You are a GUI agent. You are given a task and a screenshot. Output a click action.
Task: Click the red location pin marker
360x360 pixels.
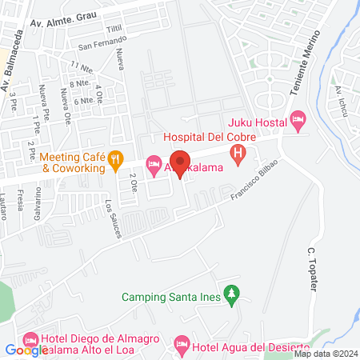pos(181,164)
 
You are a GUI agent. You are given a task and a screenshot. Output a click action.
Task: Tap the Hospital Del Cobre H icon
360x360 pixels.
pos(238,154)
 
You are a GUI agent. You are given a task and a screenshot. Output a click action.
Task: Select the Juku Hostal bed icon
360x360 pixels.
pos(298,122)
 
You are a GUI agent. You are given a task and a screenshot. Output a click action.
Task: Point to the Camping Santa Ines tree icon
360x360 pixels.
pos(231,295)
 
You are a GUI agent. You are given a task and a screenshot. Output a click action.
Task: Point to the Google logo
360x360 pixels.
pos(26,350)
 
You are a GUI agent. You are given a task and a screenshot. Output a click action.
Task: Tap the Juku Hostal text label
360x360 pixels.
pos(257,122)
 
